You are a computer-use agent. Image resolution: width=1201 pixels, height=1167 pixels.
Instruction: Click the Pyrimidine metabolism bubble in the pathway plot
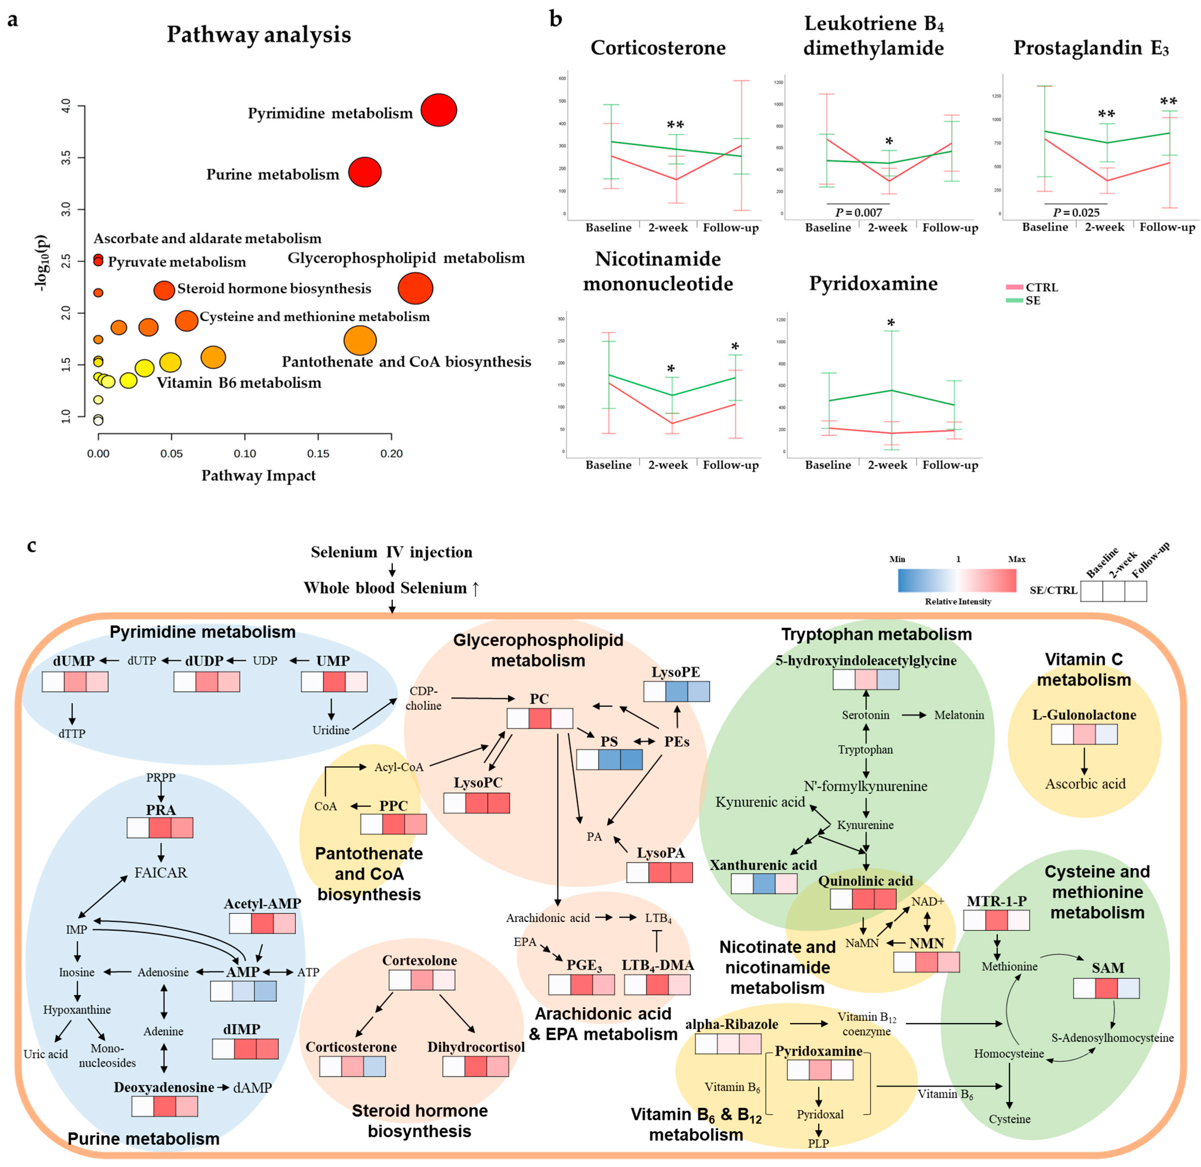click(438, 110)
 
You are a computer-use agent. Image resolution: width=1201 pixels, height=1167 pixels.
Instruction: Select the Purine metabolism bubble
click(365, 172)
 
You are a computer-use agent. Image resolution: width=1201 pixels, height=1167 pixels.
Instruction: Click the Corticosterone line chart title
click(658, 48)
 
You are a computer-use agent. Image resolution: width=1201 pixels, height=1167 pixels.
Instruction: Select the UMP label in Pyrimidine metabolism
click(333, 661)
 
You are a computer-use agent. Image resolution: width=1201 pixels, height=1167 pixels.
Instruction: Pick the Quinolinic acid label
click(865, 881)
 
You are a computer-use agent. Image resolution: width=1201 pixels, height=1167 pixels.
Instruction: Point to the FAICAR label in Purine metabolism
click(161, 872)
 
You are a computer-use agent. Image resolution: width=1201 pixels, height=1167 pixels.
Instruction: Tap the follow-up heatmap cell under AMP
click(265, 991)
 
